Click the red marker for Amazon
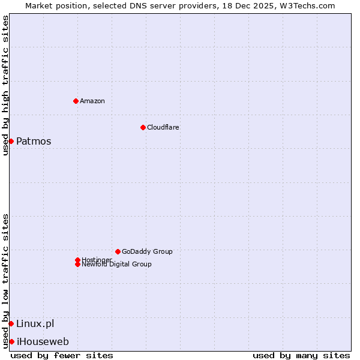76,101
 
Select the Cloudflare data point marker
143,127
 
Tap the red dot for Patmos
11,141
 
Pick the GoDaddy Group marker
118,251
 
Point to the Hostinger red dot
77,260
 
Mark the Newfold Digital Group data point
77,264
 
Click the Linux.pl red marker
11,323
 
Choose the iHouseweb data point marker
11,341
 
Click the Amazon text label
92,101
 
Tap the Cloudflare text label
163,127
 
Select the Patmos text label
34,142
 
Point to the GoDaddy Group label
147,251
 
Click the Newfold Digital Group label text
116,265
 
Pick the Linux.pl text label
35,324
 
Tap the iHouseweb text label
42,342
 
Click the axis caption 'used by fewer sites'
62,355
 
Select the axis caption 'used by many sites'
301,355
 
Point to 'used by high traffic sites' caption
5,85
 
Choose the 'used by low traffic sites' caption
5,281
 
